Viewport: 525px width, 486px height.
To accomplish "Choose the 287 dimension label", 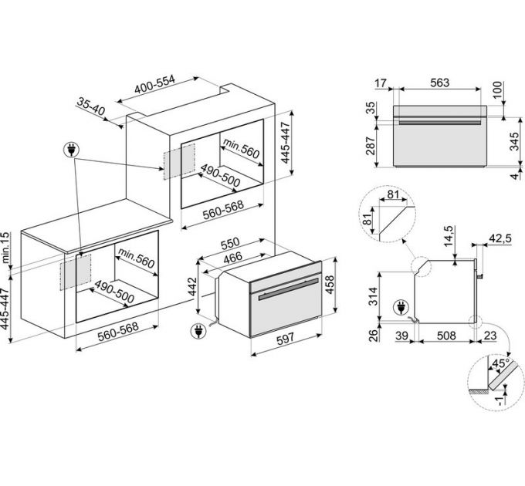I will tap(370, 145).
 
